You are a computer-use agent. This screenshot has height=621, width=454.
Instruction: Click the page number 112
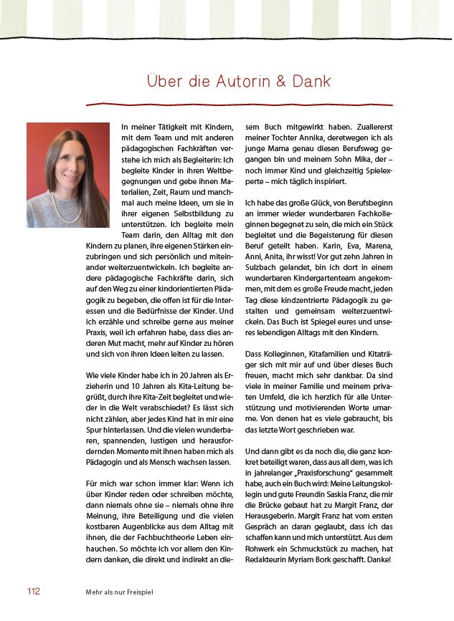click(x=33, y=591)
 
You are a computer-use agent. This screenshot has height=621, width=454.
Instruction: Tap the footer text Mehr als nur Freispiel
click(x=119, y=592)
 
